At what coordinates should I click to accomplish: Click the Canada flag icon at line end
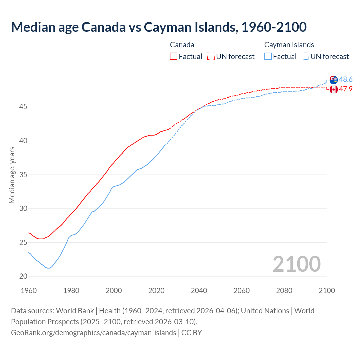click(x=334, y=89)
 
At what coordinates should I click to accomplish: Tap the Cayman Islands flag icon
click(x=334, y=80)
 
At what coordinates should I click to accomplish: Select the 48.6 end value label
click(x=346, y=80)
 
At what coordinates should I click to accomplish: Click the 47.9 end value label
click(x=346, y=89)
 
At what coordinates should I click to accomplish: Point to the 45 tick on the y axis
click(x=23, y=107)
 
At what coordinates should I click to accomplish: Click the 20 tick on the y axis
click(x=23, y=276)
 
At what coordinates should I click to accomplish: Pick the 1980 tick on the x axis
click(x=71, y=291)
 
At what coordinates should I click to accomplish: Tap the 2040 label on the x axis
click(x=199, y=291)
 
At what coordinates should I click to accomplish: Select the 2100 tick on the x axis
click(x=327, y=291)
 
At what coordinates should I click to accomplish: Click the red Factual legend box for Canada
click(x=174, y=57)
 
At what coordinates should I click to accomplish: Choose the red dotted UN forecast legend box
click(x=211, y=57)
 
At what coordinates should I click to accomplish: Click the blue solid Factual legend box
click(x=268, y=57)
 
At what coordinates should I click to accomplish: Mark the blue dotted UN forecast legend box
click(x=305, y=57)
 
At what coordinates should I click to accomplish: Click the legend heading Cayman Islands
click(x=289, y=45)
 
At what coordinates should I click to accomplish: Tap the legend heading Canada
click(x=182, y=45)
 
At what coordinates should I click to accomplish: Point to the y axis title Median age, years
click(x=12, y=175)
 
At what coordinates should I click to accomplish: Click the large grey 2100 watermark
click(x=296, y=264)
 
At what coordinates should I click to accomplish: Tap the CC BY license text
click(x=192, y=332)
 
